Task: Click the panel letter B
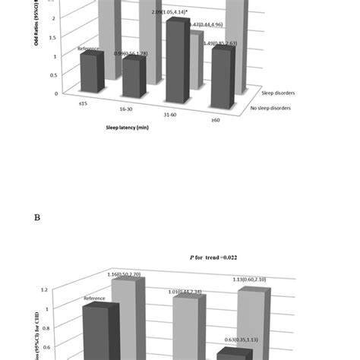pos(36,216)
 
